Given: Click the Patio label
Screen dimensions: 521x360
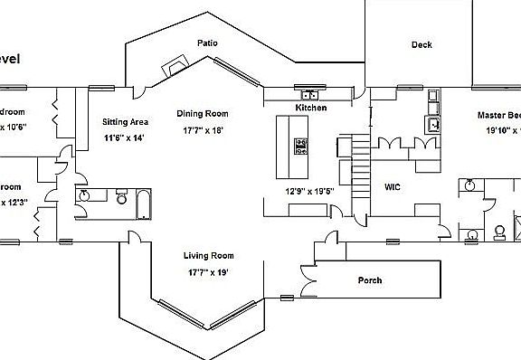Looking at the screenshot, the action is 208,43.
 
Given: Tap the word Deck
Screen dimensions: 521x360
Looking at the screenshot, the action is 422,44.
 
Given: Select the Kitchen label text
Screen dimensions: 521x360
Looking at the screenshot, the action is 310,108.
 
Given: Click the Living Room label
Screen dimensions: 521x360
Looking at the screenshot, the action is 209,256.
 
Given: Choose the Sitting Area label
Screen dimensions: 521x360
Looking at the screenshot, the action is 127,121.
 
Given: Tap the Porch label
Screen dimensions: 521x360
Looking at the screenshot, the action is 370,280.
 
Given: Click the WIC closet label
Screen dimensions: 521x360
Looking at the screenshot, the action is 393,187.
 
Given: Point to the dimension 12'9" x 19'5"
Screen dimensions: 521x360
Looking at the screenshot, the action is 308,192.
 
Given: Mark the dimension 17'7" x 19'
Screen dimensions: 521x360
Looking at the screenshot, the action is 208,271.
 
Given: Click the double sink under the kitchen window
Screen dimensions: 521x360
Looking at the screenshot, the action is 310,94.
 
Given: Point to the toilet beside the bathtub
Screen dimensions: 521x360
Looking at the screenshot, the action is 120,196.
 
